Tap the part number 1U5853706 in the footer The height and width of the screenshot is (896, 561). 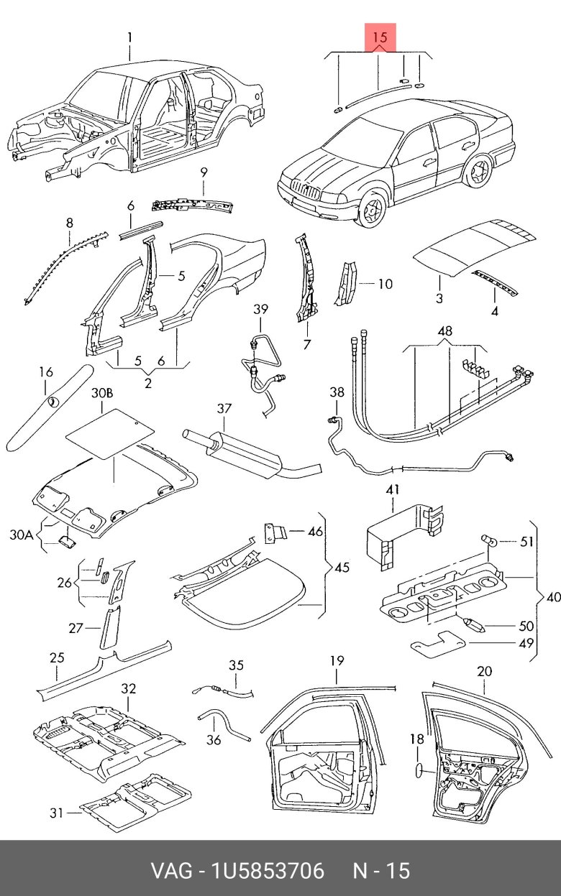coord(267,871)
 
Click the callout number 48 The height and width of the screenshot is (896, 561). coord(445,332)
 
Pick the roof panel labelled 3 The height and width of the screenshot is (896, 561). coord(475,248)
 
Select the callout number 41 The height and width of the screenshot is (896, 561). coord(392,490)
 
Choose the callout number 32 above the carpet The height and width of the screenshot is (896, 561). coord(128,689)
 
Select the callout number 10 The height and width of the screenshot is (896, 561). coord(385,284)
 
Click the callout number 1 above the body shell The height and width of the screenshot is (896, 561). coord(130,37)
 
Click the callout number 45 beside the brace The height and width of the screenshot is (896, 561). coord(342,567)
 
